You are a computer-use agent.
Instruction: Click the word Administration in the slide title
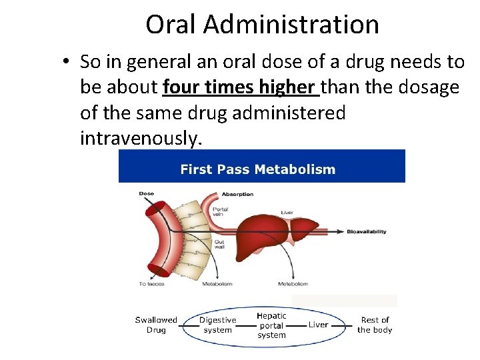(x=291, y=25)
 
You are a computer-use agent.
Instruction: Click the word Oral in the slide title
(x=171, y=25)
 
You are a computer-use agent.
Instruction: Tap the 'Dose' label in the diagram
(x=146, y=194)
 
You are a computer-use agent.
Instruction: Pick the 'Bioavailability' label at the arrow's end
(x=367, y=232)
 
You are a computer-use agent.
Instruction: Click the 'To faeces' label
(x=151, y=284)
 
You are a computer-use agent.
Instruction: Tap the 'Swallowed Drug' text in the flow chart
(x=156, y=325)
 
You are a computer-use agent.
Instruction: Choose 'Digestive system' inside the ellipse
(x=217, y=325)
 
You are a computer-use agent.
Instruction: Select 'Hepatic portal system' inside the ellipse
(x=271, y=325)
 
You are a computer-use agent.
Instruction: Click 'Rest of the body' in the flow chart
(x=375, y=325)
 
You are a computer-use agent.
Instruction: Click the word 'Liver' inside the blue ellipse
(x=318, y=325)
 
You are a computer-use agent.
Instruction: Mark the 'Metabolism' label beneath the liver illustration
(x=293, y=284)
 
